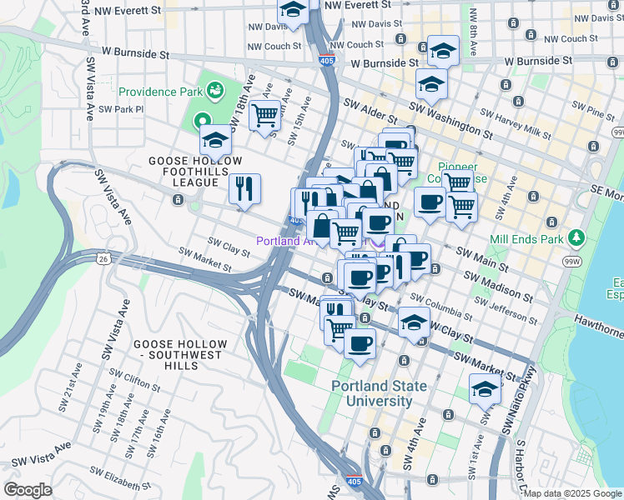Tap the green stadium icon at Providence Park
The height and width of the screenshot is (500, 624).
tap(215, 88)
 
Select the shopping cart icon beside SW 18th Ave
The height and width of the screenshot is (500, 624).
tap(264, 114)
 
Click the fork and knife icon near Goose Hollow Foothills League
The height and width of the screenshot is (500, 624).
tap(244, 188)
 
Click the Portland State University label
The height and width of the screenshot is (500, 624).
tap(379, 393)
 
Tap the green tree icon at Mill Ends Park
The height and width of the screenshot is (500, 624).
tap(576, 238)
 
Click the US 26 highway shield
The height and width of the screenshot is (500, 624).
tap(103, 259)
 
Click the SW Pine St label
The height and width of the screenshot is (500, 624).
tap(587, 109)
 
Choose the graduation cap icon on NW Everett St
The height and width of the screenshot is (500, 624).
tap(293, 10)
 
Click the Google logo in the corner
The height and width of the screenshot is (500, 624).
tap(28, 489)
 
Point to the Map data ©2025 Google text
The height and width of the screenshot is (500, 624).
tap(572, 493)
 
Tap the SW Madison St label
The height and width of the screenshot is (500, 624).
tap(499, 286)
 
